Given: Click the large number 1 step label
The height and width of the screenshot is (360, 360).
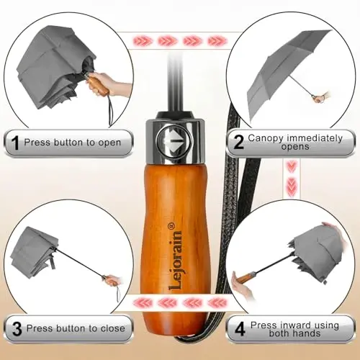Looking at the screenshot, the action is click(x=15, y=143).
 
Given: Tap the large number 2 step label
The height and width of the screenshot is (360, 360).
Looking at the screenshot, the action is click(x=238, y=142).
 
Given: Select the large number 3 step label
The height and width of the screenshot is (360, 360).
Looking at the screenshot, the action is click(x=17, y=328).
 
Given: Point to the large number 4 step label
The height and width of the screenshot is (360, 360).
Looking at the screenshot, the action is click(x=240, y=328).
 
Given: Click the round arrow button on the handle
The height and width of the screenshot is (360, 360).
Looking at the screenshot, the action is click(x=174, y=140).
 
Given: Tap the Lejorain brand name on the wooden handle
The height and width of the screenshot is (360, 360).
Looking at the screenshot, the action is click(x=175, y=260).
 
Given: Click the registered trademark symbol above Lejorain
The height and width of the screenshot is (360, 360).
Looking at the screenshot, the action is click(x=172, y=225).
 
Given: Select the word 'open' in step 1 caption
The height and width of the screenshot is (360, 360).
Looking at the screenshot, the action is click(x=109, y=143).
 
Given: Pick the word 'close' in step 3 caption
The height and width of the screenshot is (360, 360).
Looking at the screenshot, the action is click(x=113, y=328).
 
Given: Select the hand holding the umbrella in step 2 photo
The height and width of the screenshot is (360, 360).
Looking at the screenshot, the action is click(x=322, y=96).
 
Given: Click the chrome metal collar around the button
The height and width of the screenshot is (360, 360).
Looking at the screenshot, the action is click(x=174, y=141).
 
